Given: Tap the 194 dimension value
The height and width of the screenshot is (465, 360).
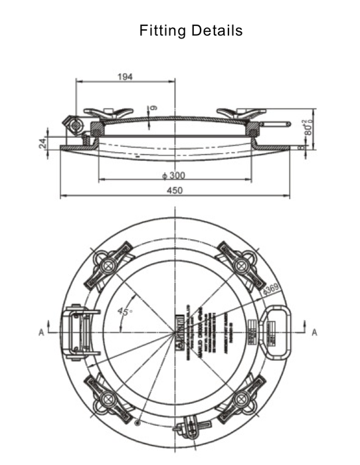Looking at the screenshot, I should [125, 76].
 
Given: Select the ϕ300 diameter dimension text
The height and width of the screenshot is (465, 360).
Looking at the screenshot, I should [173, 176].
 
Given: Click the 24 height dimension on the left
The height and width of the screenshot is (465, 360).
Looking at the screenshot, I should [42, 143].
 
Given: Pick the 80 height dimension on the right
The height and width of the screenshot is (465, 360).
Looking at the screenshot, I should [308, 126].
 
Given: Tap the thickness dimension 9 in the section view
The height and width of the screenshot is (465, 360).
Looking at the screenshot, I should [154, 108].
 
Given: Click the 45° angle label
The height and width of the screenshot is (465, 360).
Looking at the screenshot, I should [125, 310].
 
